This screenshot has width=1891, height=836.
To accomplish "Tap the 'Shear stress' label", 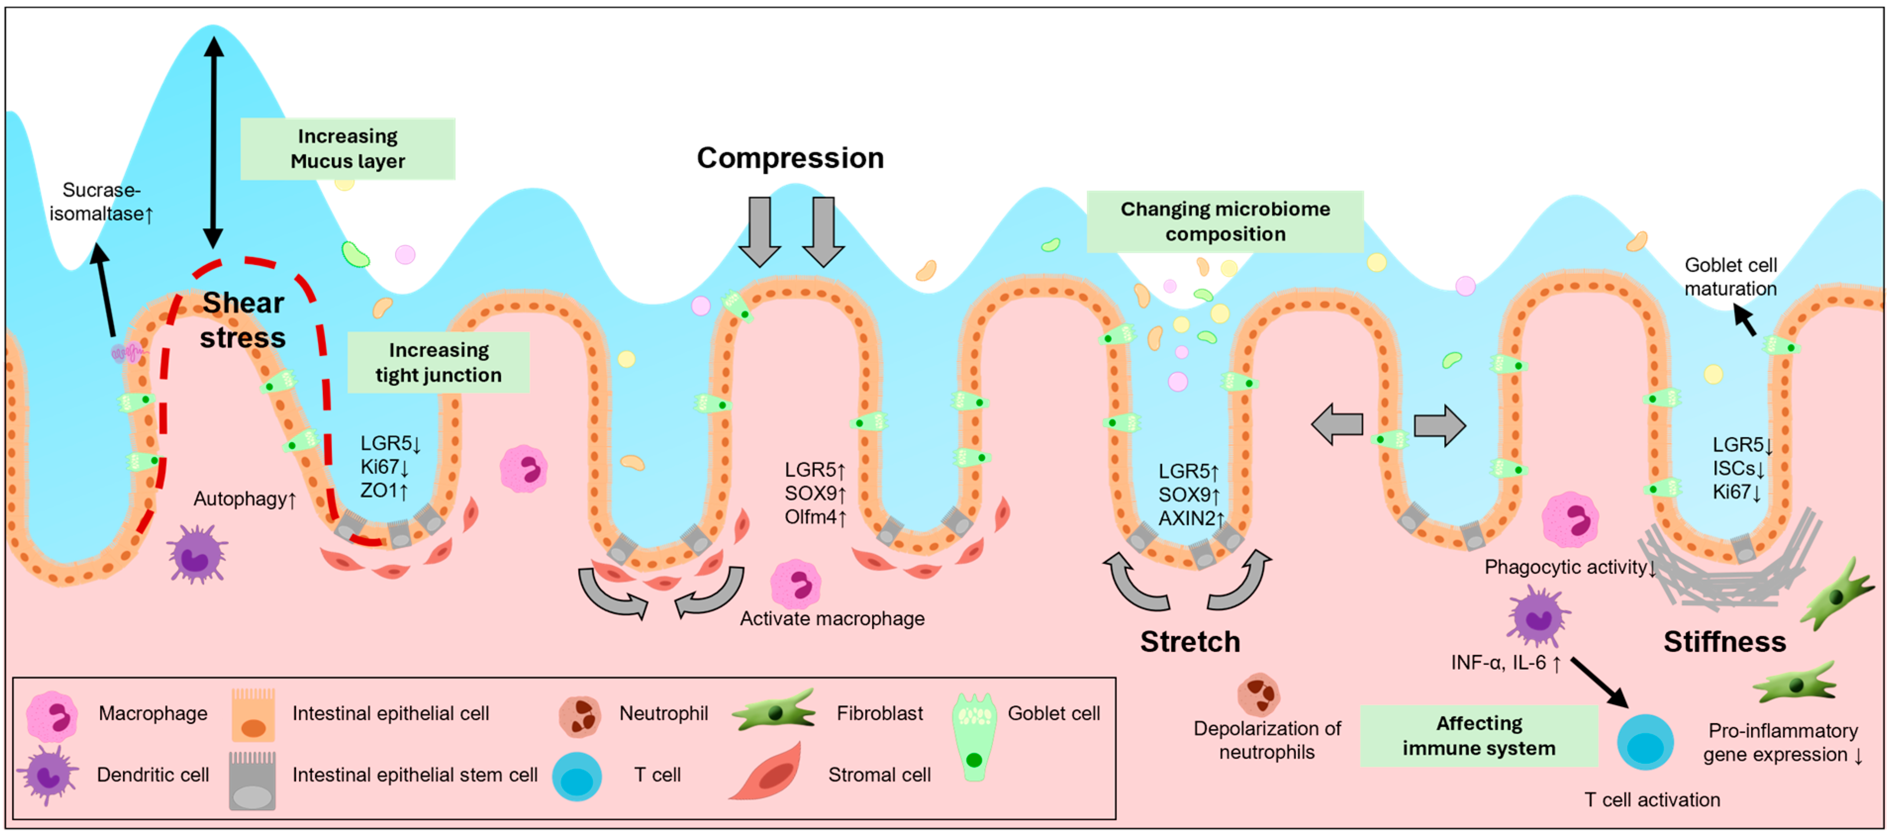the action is [243, 320].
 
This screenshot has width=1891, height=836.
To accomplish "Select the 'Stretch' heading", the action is [1190, 642].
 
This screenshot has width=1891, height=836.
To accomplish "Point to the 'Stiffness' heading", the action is [1724, 642].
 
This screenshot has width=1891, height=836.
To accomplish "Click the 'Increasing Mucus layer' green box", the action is [348, 149].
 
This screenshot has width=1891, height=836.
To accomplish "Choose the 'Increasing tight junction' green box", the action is [438, 363].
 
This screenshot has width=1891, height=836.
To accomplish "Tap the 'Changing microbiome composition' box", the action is [1225, 222].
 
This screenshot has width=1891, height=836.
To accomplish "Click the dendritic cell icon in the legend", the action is [48, 776].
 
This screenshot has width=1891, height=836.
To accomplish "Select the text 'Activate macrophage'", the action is [832, 619].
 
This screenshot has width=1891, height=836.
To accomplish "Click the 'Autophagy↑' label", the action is [244, 499].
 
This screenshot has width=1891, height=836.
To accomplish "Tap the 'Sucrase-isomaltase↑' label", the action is [100, 202].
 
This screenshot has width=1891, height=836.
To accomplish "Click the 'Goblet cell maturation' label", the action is [1730, 277].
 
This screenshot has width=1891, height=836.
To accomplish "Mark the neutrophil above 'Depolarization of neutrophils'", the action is [1258, 695].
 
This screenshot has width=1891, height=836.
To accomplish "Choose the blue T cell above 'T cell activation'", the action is [1645, 742].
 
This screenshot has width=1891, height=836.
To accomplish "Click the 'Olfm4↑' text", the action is [816, 517].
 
